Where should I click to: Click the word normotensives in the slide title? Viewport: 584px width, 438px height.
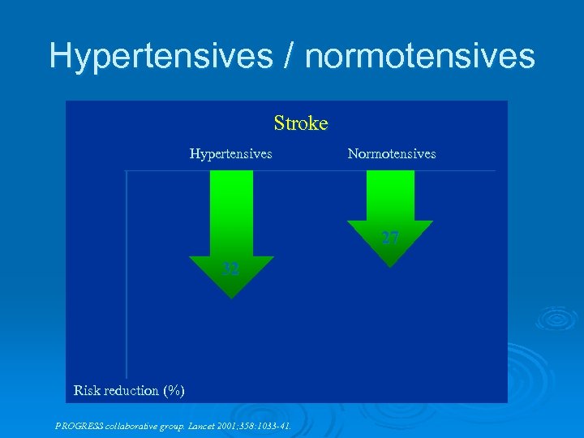[419, 56]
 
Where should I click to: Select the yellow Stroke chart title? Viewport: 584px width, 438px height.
[301, 123]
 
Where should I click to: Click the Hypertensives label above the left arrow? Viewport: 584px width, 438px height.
[230, 153]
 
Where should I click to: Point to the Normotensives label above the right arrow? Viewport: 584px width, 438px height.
[391, 153]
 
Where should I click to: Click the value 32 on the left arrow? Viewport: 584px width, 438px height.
[231, 269]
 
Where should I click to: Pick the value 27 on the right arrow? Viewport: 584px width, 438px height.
[390, 238]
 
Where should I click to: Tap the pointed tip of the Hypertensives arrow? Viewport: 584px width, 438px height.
[232, 297]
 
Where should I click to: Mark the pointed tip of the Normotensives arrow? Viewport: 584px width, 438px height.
[390, 266]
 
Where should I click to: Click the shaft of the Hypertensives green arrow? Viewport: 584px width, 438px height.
[231, 211]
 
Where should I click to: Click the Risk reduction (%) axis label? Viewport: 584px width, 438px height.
[129, 390]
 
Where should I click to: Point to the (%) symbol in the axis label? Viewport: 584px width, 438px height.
[173, 390]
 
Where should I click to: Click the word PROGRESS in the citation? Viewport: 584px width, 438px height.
[79, 424]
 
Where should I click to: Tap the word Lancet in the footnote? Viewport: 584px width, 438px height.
[203, 424]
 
